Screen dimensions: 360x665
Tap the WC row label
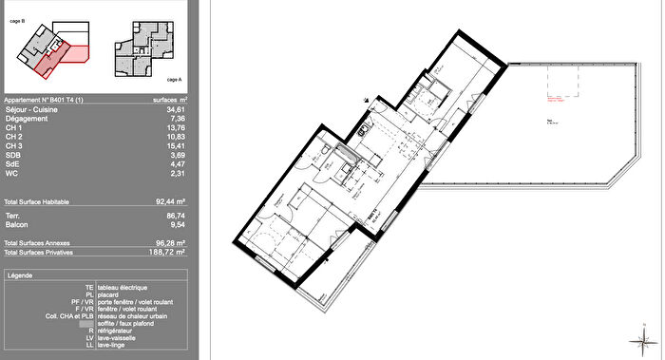point(11,171)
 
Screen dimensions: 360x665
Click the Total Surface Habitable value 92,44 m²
point(168,202)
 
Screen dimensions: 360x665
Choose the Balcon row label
point(16,225)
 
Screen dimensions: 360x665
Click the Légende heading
point(20,275)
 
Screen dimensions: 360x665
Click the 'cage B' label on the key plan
point(18,18)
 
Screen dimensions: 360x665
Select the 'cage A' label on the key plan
point(174,80)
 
